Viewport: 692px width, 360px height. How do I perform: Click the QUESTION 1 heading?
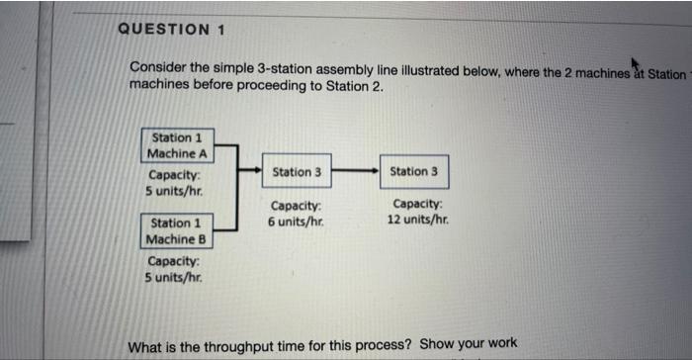point(171,29)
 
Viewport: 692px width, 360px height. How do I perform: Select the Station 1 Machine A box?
point(178,146)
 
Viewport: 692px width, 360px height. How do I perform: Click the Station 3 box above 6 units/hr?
point(297,171)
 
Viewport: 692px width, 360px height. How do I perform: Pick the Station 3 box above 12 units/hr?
point(414,171)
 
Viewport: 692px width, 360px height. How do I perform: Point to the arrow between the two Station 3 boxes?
point(355,171)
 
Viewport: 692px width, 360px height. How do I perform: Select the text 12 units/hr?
point(416,220)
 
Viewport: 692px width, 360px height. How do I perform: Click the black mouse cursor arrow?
point(626,60)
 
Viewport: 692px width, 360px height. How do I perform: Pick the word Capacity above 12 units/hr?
point(416,206)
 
